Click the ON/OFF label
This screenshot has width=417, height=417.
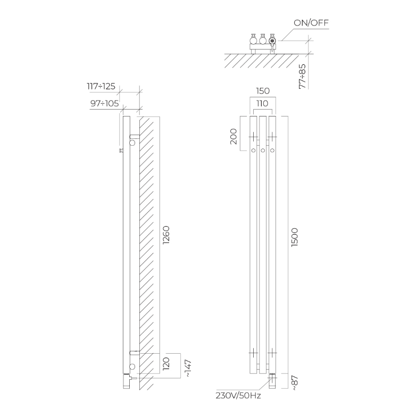click(x=311, y=23)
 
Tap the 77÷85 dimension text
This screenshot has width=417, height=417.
click(x=302, y=77)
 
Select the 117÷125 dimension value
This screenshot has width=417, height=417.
click(x=101, y=86)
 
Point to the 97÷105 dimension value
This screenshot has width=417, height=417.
click(x=104, y=103)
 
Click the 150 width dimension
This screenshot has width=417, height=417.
click(x=263, y=91)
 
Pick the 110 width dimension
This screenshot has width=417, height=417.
click(x=262, y=103)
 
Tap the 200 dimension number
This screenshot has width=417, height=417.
click(x=233, y=136)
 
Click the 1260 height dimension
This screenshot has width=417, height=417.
click(x=166, y=235)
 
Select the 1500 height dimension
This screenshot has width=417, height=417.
click(x=295, y=237)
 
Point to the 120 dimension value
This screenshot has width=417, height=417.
click(x=166, y=364)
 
